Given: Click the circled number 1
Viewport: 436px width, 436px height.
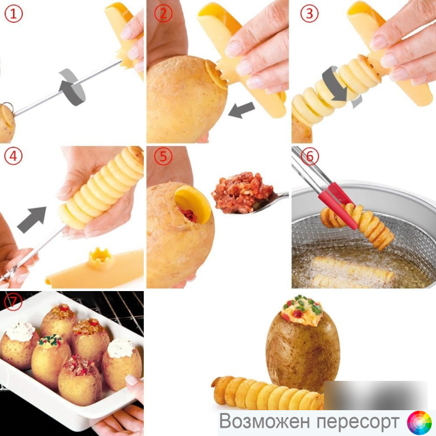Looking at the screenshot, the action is pos(13,13).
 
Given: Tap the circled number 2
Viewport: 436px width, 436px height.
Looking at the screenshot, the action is pos(163,13).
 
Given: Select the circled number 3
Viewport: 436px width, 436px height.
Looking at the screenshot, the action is pos(309,13).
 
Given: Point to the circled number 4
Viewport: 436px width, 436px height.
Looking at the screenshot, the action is pos(13,156).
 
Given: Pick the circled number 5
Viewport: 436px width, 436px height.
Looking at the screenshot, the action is pos(163,156).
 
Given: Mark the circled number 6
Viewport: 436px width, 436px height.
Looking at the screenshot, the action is pos(310,156).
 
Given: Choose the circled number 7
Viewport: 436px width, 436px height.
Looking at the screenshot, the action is pos(13,302).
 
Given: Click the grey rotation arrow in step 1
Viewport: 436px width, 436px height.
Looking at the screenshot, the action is pos(72,87).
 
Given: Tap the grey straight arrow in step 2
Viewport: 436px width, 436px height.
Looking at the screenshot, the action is pos(241,110).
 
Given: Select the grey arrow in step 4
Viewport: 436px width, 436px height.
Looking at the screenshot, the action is pos(32,219).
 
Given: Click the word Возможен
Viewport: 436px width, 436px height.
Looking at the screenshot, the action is pos(265,421).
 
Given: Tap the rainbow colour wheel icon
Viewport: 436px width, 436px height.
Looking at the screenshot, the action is pos(420,423).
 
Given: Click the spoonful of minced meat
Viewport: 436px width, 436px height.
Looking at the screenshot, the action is pos(241,192).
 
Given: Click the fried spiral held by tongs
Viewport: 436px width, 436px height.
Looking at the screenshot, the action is pos(358,226).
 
